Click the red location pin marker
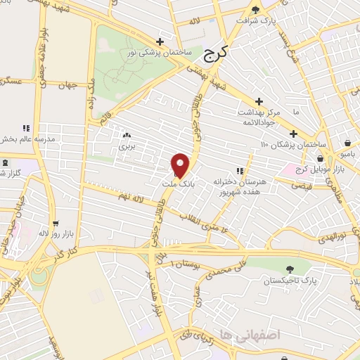click(181, 164)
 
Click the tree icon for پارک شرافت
click(255, 10)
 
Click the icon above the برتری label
click(127, 135)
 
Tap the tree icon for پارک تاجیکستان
click(290, 268)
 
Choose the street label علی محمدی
click(218, 267)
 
